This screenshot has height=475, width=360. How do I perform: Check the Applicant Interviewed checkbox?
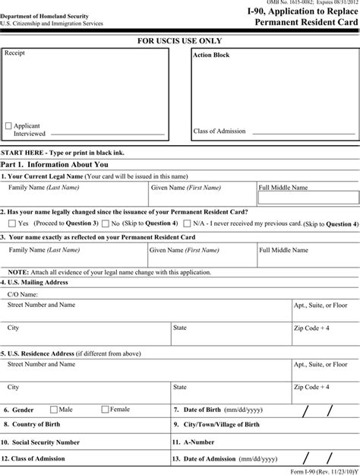(8, 125)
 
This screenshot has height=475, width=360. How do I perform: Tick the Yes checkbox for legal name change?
(11, 223)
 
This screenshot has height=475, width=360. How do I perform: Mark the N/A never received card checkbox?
(186, 223)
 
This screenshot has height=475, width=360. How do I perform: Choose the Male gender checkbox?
(54, 409)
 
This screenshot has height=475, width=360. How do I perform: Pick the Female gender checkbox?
(105, 409)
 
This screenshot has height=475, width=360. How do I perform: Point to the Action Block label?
(211, 55)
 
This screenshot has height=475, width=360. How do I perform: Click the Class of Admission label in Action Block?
(219, 131)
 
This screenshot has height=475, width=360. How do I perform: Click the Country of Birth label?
(33, 425)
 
